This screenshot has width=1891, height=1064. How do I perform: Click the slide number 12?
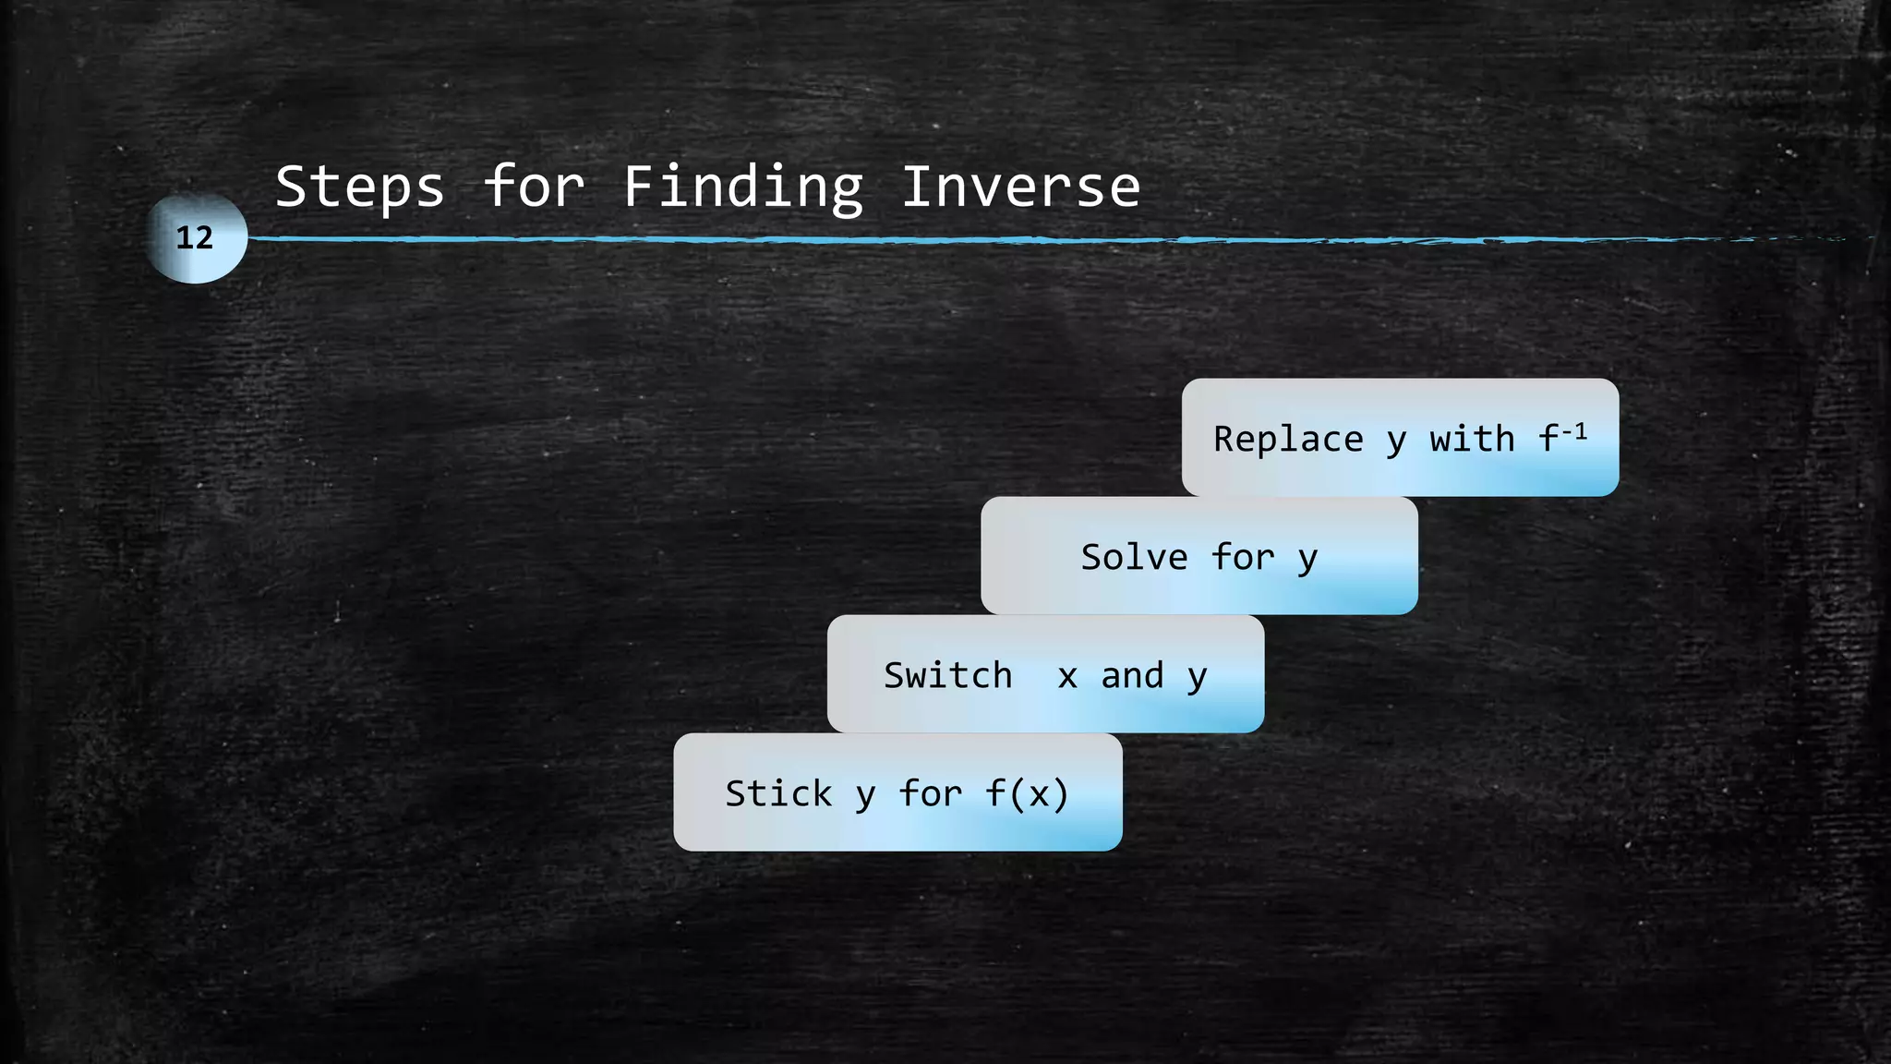[x=195, y=238]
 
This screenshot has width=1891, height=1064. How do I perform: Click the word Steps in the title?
[x=360, y=187]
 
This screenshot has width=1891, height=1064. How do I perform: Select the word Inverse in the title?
[x=1020, y=187]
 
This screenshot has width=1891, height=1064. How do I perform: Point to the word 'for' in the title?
[x=534, y=187]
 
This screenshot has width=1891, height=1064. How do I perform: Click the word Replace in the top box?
[x=1288, y=439]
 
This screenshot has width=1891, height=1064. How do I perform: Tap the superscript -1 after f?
[x=1575, y=430]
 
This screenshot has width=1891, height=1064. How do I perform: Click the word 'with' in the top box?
[x=1472, y=439]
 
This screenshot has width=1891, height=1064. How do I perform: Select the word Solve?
[x=1134, y=557]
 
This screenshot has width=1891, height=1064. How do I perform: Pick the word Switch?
[x=948, y=675]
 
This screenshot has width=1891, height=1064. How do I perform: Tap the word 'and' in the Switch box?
[x=1132, y=675]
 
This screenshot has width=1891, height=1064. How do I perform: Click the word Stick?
[x=778, y=793]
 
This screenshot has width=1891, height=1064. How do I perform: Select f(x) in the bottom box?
[x=1027, y=793]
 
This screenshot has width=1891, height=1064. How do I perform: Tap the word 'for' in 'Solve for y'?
[x=1243, y=557]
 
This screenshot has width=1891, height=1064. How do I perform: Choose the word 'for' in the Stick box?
[x=931, y=793]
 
